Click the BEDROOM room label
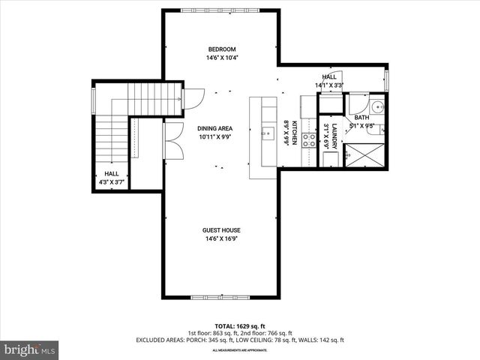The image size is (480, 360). click(222, 49)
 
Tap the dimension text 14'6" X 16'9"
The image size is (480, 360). click(221, 239)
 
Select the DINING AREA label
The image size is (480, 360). click(214, 128)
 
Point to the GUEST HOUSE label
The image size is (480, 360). click(221, 230)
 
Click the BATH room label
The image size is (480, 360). click(362, 117)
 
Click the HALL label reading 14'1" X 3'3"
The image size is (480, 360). click(329, 81)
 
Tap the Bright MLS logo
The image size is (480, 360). click(30, 349)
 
